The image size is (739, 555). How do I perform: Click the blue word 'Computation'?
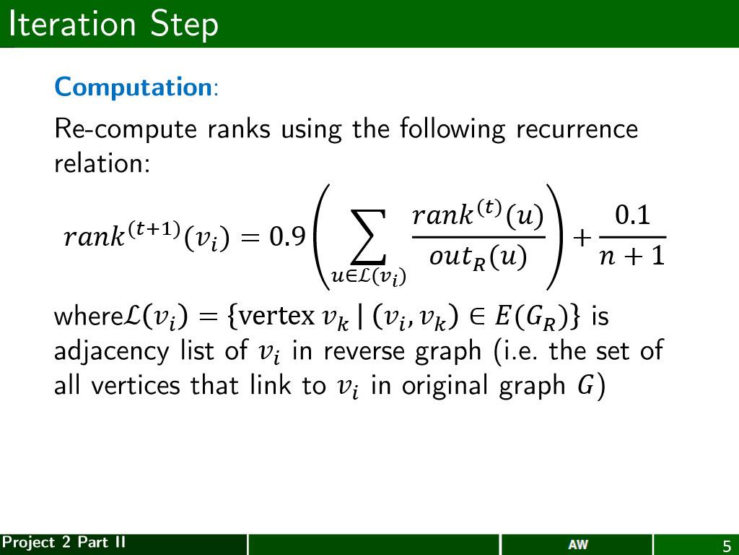[x=132, y=87]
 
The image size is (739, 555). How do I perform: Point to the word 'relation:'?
[x=102, y=163]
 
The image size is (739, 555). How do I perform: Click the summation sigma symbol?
[x=369, y=237]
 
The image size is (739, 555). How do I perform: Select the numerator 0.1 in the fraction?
[x=632, y=215]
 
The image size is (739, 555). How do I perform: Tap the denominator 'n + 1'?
[x=632, y=256]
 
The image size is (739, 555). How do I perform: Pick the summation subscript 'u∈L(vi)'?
[x=368, y=276]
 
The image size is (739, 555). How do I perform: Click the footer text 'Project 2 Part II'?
[x=64, y=543]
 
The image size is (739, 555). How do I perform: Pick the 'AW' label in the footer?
[x=577, y=545]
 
